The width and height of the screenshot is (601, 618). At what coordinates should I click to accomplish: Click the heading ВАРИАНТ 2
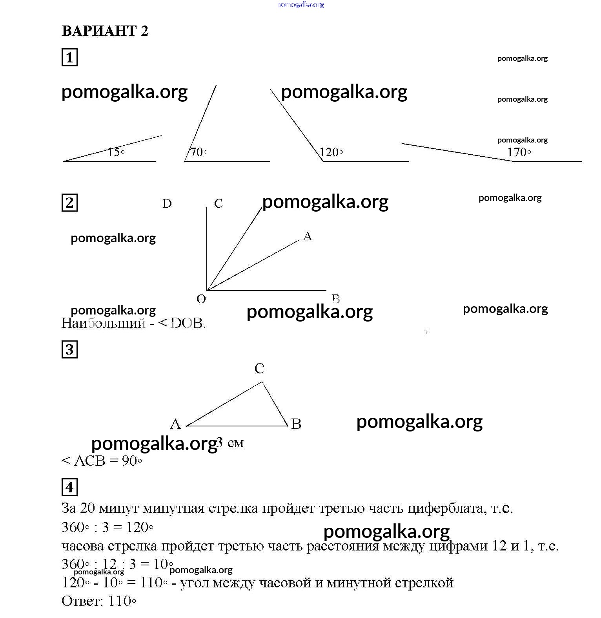click(105, 31)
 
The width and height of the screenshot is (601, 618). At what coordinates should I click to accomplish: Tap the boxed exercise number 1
click(69, 57)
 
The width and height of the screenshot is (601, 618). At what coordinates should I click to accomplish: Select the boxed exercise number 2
click(69, 203)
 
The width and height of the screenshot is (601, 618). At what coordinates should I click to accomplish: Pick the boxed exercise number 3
click(69, 349)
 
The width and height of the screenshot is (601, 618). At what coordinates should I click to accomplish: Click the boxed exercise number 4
click(69, 487)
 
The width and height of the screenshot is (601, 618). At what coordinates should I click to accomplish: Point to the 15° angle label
click(116, 152)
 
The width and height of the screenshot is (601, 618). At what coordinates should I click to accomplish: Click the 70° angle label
click(199, 152)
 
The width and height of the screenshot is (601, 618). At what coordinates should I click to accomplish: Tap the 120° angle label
click(331, 152)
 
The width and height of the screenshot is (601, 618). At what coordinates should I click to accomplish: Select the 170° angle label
click(519, 152)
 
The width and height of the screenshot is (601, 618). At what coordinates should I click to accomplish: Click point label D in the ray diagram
click(167, 203)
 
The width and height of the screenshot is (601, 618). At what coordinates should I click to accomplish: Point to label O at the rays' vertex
click(201, 299)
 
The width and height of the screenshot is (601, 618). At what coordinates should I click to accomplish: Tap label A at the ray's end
click(308, 236)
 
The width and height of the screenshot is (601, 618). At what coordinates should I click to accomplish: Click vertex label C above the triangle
click(259, 368)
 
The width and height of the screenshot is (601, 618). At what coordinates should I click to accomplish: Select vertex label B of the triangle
click(296, 424)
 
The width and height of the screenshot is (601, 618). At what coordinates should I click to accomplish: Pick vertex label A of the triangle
click(175, 424)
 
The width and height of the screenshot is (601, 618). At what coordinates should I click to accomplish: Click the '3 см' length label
click(231, 443)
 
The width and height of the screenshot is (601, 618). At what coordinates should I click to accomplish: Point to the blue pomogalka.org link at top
click(301, 5)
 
